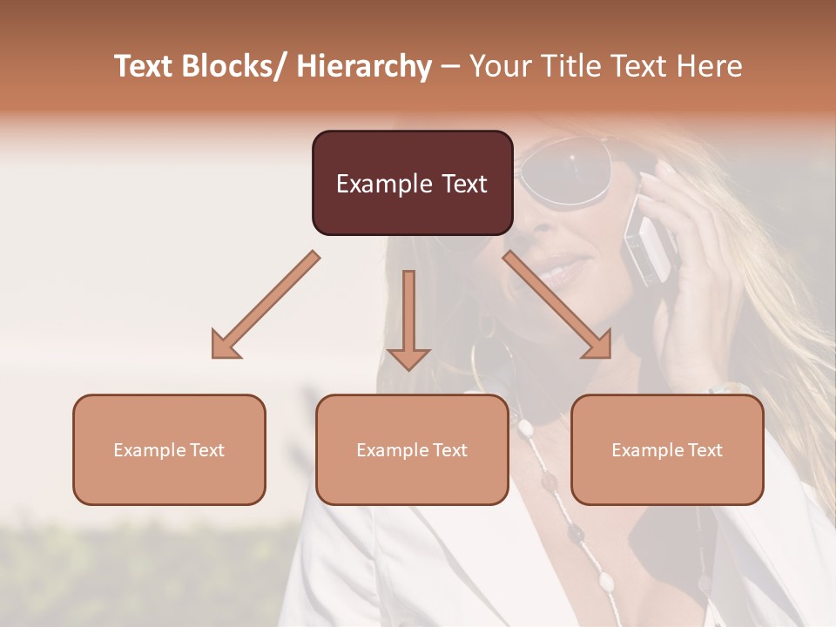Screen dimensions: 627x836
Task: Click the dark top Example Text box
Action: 412,183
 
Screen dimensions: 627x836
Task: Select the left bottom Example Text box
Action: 169,449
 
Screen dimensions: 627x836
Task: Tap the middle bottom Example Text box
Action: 412,449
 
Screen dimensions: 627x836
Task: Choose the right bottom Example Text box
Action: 667,449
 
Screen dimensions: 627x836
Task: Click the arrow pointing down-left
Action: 265,306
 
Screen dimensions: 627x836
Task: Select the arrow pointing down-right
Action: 557,306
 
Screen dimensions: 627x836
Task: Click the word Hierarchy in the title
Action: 364,66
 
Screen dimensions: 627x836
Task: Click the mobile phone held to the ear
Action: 651,239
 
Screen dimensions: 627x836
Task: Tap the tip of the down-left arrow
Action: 214,355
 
